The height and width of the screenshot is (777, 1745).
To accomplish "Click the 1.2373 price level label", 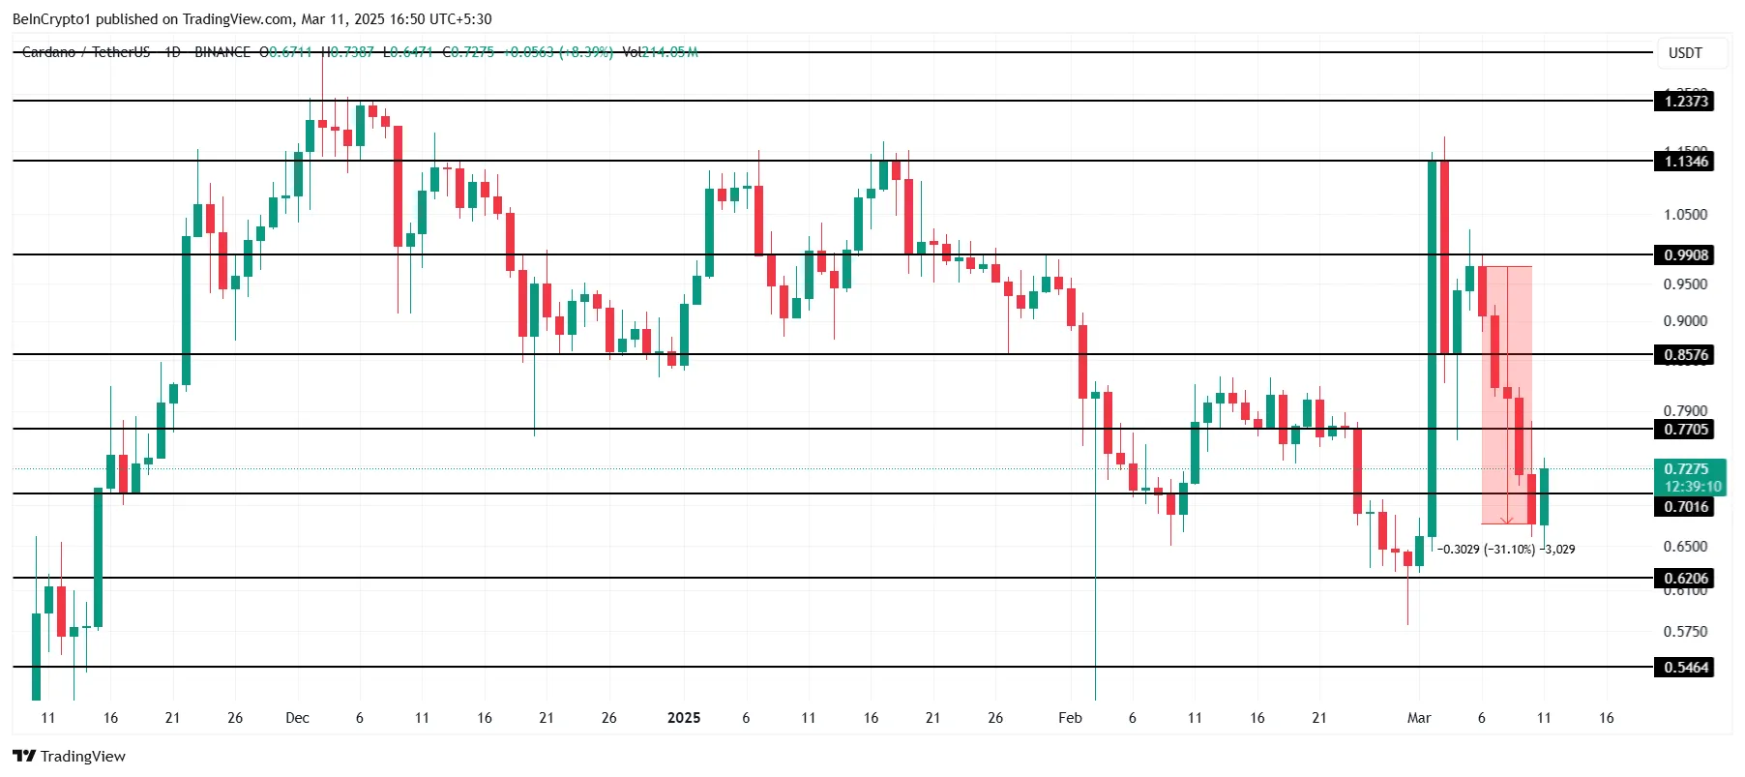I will [1685, 101].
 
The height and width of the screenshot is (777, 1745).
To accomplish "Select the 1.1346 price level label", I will [1685, 162].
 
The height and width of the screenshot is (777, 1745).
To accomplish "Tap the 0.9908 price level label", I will [1685, 254].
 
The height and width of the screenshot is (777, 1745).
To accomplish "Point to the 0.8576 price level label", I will [1685, 355].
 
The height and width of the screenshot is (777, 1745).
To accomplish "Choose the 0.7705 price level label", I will [1685, 430].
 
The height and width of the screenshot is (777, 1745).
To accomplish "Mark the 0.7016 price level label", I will [1685, 507].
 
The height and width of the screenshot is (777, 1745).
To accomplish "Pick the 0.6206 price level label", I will [1685, 579].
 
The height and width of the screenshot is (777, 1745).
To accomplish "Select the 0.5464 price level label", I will [1685, 668].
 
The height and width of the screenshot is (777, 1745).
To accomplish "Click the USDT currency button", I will [1685, 53].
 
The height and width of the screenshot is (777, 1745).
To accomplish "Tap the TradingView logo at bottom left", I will [70, 757].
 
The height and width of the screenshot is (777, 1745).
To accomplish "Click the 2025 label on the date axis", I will [684, 718].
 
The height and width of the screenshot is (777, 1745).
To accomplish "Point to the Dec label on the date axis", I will [298, 718].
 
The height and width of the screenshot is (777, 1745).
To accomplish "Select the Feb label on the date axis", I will [1070, 718].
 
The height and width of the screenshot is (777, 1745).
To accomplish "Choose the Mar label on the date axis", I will [1419, 718].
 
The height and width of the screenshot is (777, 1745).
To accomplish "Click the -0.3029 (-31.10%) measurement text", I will [1487, 550].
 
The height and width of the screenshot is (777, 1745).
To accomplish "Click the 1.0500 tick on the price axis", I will [1685, 215].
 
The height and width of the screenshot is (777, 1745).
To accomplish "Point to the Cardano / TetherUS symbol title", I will [86, 52].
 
